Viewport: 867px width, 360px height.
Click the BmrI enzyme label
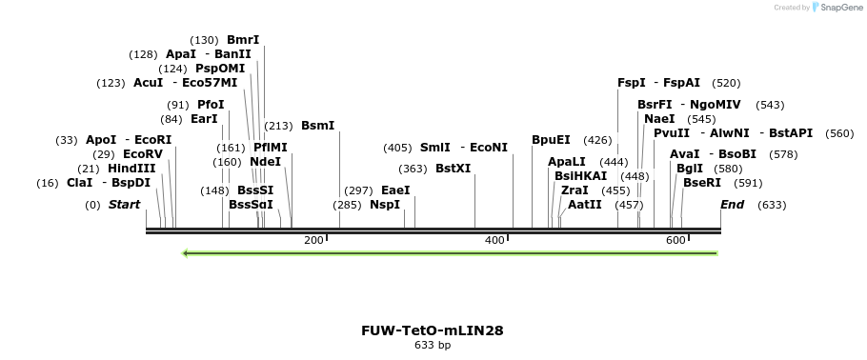pyautogui.click(x=243, y=40)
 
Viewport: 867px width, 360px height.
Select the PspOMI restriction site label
pyautogui.click(x=220, y=69)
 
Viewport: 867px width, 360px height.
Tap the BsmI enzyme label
pyautogui.click(x=318, y=126)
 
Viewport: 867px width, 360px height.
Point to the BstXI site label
pyautogui.click(x=453, y=169)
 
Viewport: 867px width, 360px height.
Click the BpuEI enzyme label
pyautogui.click(x=551, y=140)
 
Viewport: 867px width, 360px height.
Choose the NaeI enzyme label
pyautogui.click(x=659, y=119)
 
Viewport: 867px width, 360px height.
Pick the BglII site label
pyautogui.click(x=689, y=169)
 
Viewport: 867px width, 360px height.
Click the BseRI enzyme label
pyautogui.click(x=702, y=183)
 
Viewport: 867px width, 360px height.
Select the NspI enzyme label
pyautogui.click(x=385, y=205)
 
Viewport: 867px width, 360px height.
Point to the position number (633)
pyautogui.click(x=772, y=205)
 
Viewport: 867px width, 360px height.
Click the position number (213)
pyautogui.click(x=278, y=126)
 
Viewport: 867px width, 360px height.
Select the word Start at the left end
pyautogui.click(x=124, y=205)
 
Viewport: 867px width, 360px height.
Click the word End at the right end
pyautogui.click(x=733, y=205)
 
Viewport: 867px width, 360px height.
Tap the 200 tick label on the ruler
pyautogui.click(x=313, y=240)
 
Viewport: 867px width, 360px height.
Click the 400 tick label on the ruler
pyautogui.click(x=494, y=240)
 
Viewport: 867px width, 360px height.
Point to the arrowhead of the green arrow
pyautogui.click(x=186, y=253)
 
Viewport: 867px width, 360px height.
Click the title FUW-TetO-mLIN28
pyautogui.click(x=433, y=330)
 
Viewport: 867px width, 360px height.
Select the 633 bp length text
pyautogui.click(x=433, y=345)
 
